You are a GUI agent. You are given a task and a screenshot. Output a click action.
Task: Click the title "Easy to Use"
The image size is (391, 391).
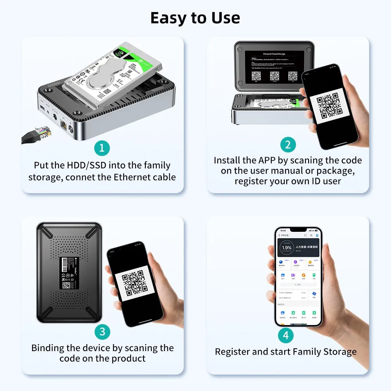click(195, 18)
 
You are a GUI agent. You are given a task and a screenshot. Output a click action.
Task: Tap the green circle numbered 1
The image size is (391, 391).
click(102, 148)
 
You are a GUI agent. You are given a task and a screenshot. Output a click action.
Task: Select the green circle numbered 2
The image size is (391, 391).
click(288, 145)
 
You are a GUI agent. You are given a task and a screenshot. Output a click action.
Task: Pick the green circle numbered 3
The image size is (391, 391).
click(102, 332)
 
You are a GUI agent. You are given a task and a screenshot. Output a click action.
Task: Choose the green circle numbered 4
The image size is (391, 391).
click(286, 335)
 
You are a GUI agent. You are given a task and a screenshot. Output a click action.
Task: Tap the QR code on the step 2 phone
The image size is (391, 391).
click(329, 106)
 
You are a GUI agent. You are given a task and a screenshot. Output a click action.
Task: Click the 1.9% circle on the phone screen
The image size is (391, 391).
click(287, 248)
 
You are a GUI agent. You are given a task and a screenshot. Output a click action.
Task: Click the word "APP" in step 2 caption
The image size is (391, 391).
click(267, 160)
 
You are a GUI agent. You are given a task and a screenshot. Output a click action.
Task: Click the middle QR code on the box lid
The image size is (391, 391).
click(274, 76)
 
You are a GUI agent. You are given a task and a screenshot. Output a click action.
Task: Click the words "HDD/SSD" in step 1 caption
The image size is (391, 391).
click(85, 165)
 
